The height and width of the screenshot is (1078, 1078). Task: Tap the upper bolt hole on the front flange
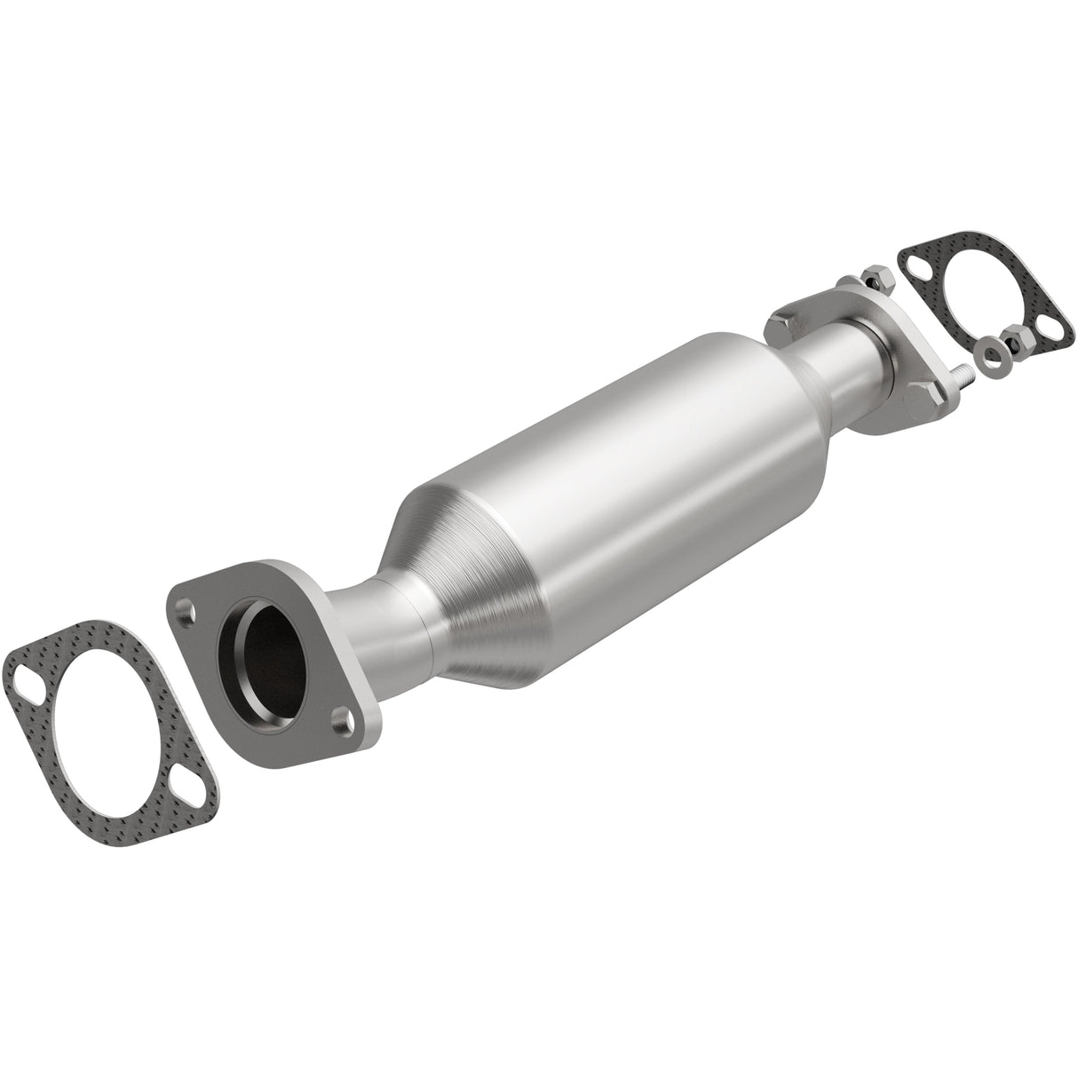[185, 610]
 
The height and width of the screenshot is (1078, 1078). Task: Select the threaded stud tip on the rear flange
[964, 376]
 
